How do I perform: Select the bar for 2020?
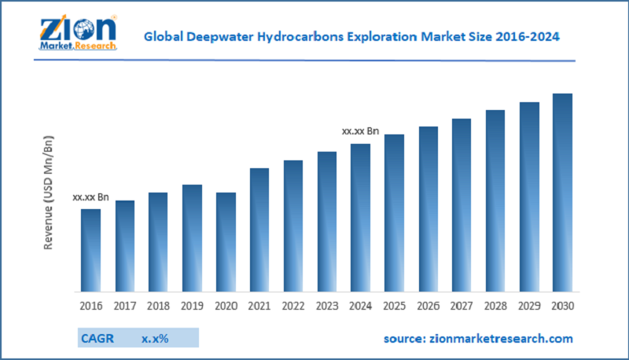[x=226, y=242]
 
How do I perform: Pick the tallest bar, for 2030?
[x=562, y=193]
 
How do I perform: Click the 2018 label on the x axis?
[x=158, y=305]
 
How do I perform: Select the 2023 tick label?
[x=326, y=305]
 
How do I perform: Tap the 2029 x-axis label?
[x=528, y=305]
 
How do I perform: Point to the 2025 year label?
[x=394, y=305]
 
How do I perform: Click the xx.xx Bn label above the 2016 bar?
[x=91, y=198]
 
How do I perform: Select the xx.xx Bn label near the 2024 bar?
[x=360, y=131]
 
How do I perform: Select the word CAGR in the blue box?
[x=98, y=338]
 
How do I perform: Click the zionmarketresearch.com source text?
[x=478, y=338]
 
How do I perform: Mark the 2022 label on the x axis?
[x=292, y=305]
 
